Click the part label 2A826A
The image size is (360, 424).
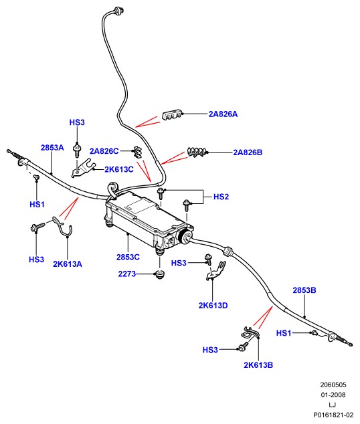point(223,114)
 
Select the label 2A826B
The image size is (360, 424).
point(248,152)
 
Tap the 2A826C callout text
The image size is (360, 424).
point(104,151)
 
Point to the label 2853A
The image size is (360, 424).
point(52,148)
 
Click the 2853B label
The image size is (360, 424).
point(304,290)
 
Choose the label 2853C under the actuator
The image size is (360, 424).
point(128,257)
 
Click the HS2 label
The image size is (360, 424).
point(221,197)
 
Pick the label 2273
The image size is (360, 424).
point(127,274)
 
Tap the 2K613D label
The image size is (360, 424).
point(213,306)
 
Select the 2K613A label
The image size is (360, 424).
point(68,264)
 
